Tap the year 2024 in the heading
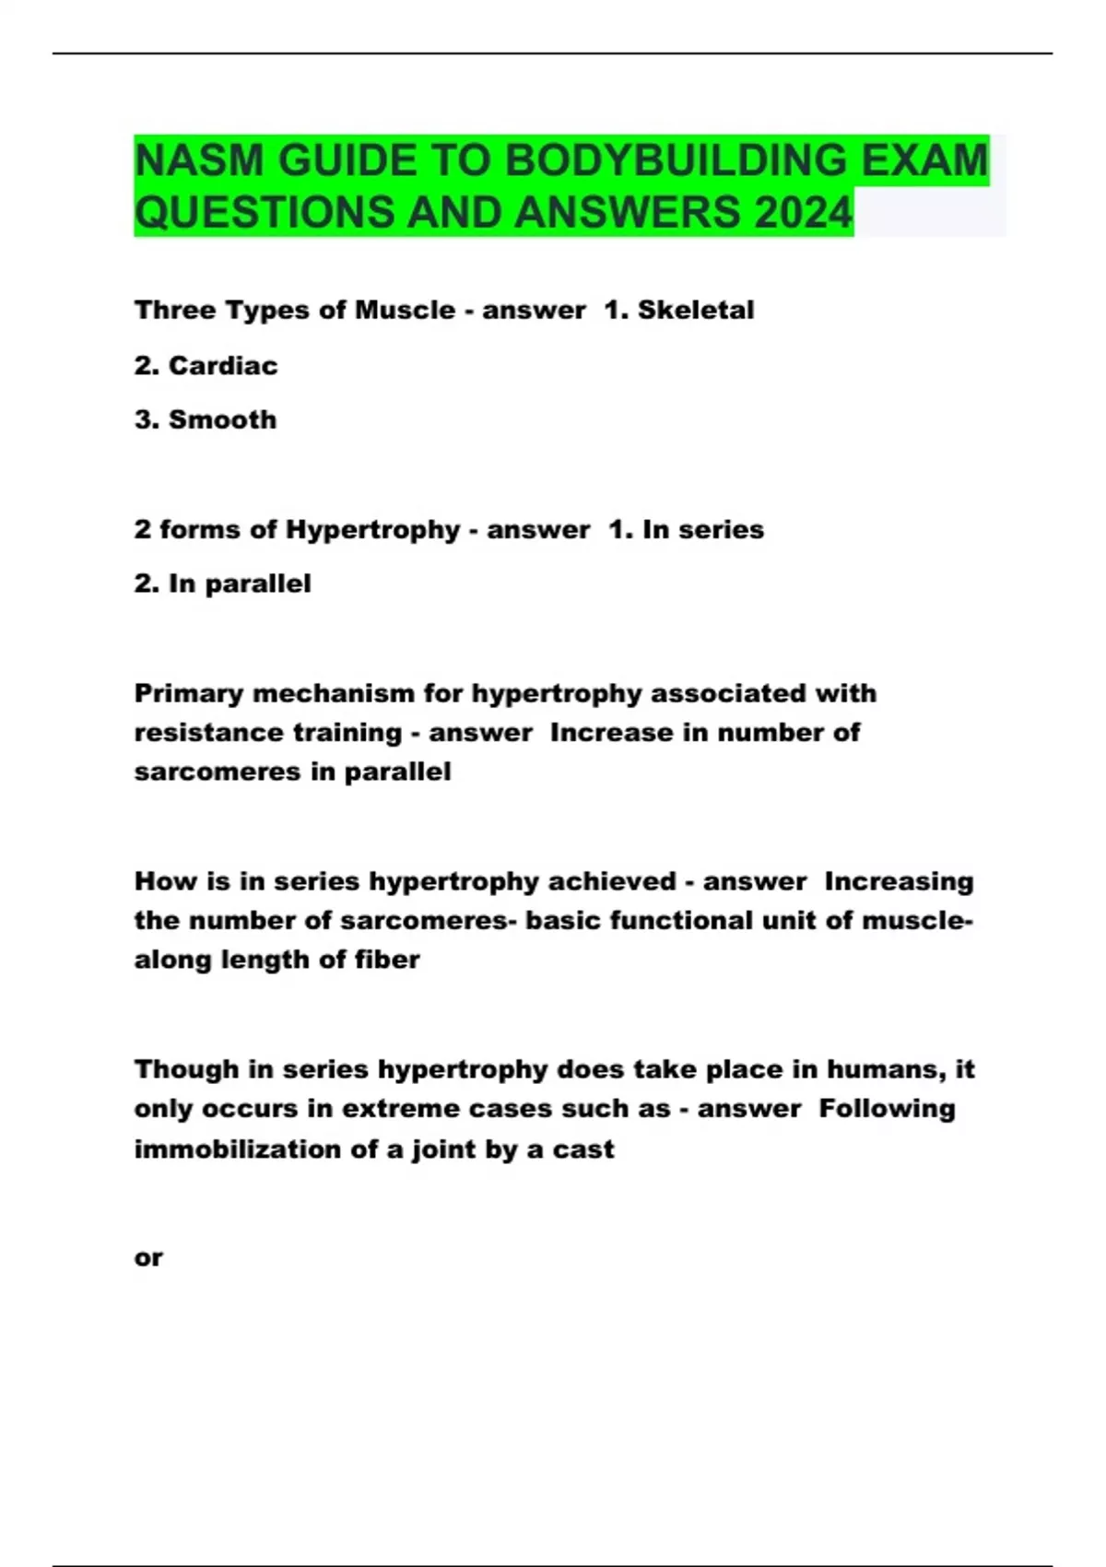(x=803, y=213)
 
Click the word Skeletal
(x=696, y=310)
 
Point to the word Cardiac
(x=223, y=366)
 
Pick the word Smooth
(x=222, y=420)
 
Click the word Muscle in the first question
(x=405, y=310)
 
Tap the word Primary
(x=189, y=693)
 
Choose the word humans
(x=884, y=1069)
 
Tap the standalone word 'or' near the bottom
(x=148, y=1258)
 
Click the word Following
(x=887, y=1109)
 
